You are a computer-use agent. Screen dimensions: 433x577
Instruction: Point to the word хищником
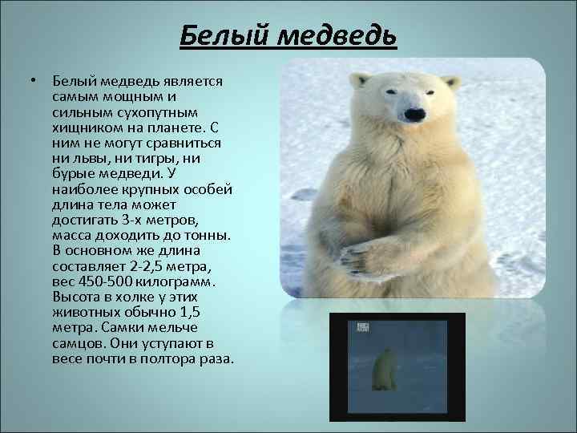click(x=84, y=128)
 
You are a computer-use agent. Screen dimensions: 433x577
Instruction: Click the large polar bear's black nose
click(x=415, y=115)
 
